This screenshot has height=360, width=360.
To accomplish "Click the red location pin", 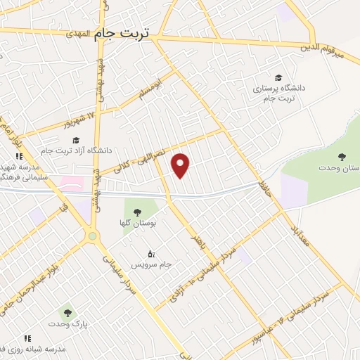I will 181,165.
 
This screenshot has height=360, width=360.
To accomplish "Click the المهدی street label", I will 79,33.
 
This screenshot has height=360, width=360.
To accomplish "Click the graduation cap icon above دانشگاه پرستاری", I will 279,77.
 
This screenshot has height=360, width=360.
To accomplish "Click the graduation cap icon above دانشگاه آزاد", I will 76,139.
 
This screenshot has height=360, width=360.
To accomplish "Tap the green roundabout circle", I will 92,237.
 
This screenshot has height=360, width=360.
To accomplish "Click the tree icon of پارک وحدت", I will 67,312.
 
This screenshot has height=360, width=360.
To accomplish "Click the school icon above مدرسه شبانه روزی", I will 28,338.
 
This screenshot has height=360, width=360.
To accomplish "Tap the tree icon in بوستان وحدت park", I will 342,157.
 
